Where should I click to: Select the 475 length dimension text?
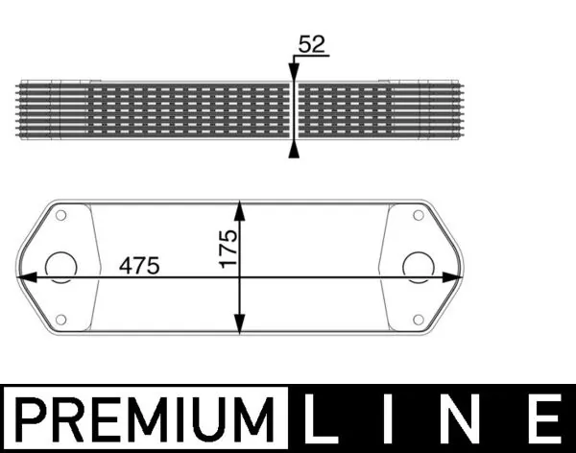click(x=139, y=264)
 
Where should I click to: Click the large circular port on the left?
click(x=61, y=266)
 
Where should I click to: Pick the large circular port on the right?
click(x=418, y=266)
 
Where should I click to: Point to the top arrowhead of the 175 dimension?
click(x=239, y=209)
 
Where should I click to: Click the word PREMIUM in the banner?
click(x=144, y=419)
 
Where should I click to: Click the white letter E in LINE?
click(x=543, y=419)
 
